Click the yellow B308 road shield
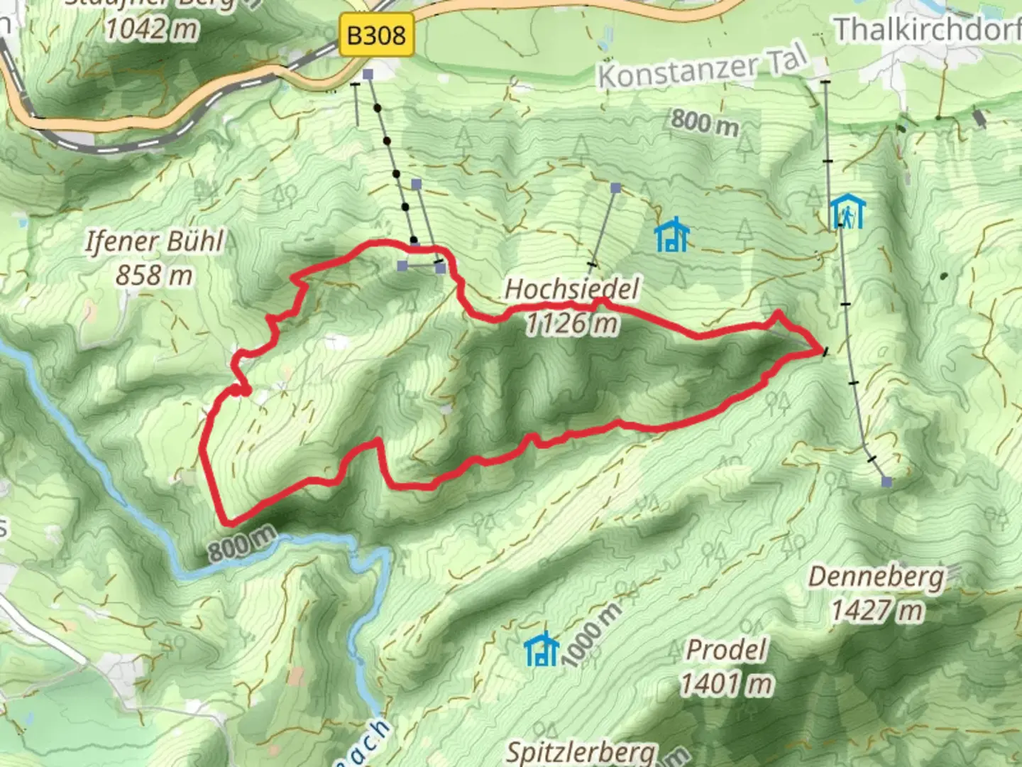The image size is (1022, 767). [376, 34]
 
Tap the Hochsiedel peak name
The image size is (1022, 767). [571, 289]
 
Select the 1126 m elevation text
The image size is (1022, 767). [571, 324]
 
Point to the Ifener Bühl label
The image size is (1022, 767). [154, 241]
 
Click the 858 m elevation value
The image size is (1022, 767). [154, 275]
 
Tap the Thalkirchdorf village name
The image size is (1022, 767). [927, 30]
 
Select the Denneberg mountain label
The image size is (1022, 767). [877, 576]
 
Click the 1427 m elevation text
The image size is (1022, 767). [877, 610]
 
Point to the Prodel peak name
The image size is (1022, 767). [727, 650]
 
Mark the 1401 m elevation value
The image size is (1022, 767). [727, 684]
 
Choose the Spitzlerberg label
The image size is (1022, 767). [581, 751]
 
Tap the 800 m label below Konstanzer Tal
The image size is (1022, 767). [704, 121]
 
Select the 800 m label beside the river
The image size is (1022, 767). [242, 544]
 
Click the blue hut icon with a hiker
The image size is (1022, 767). [847, 212]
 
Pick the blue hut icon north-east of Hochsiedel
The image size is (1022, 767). [671, 235]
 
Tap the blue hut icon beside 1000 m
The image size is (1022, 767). [542, 649]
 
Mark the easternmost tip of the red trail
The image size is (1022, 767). [822, 350]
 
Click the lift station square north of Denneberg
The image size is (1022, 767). [886, 482]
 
